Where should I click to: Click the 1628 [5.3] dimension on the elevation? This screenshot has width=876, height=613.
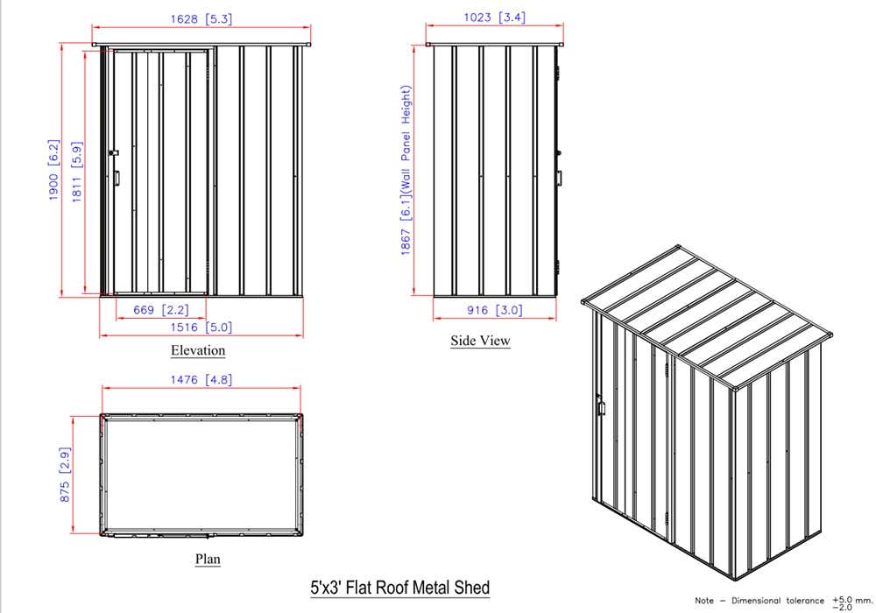pyautogui.click(x=201, y=19)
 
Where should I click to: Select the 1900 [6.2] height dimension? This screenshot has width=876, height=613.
pyautogui.click(x=53, y=170)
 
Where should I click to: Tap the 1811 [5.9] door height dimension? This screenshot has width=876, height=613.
pyautogui.click(x=76, y=172)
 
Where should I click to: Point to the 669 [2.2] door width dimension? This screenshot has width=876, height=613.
pyautogui.click(x=161, y=310)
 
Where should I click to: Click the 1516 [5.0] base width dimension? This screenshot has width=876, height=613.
pyautogui.click(x=201, y=328)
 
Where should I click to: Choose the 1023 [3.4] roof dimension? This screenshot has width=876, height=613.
pyautogui.click(x=494, y=18)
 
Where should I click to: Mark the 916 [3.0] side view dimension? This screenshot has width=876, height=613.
pyautogui.click(x=494, y=310)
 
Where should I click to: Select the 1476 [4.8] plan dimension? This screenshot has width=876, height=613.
pyautogui.click(x=201, y=380)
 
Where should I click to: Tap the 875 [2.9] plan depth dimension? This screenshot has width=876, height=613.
pyautogui.click(x=65, y=474)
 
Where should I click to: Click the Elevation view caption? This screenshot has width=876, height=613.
pyautogui.click(x=198, y=350)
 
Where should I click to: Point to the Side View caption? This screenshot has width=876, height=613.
pyautogui.click(x=480, y=341)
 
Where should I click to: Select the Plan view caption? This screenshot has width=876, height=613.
pyautogui.click(x=208, y=559)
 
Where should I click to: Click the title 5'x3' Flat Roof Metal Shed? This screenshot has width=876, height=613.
pyautogui.click(x=400, y=588)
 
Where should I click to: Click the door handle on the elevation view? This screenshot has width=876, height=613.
pyautogui.click(x=117, y=178)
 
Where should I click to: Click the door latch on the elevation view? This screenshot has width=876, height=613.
pyautogui.click(x=113, y=152)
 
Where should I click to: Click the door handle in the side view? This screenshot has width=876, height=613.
pyautogui.click(x=559, y=178)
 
